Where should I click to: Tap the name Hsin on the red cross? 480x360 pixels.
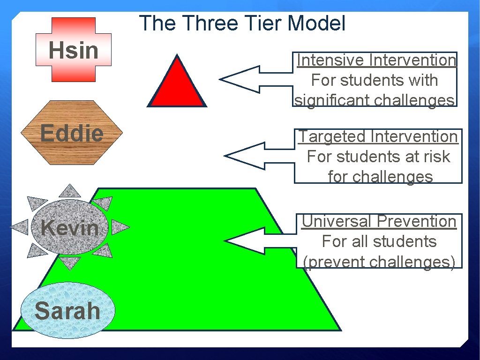[x=74, y=50]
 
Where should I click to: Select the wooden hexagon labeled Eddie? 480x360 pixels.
[x=72, y=133]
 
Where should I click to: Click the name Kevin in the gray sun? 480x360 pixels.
[x=70, y=228]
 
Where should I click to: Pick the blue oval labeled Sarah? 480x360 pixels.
[x=68, y=311]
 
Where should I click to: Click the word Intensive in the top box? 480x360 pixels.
[x=331, y=60]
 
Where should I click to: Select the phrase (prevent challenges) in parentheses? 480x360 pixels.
[x=379, y=262]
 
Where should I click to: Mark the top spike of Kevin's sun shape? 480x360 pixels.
[x=70, y=190]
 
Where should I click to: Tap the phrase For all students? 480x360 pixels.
[x=379, y=241]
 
